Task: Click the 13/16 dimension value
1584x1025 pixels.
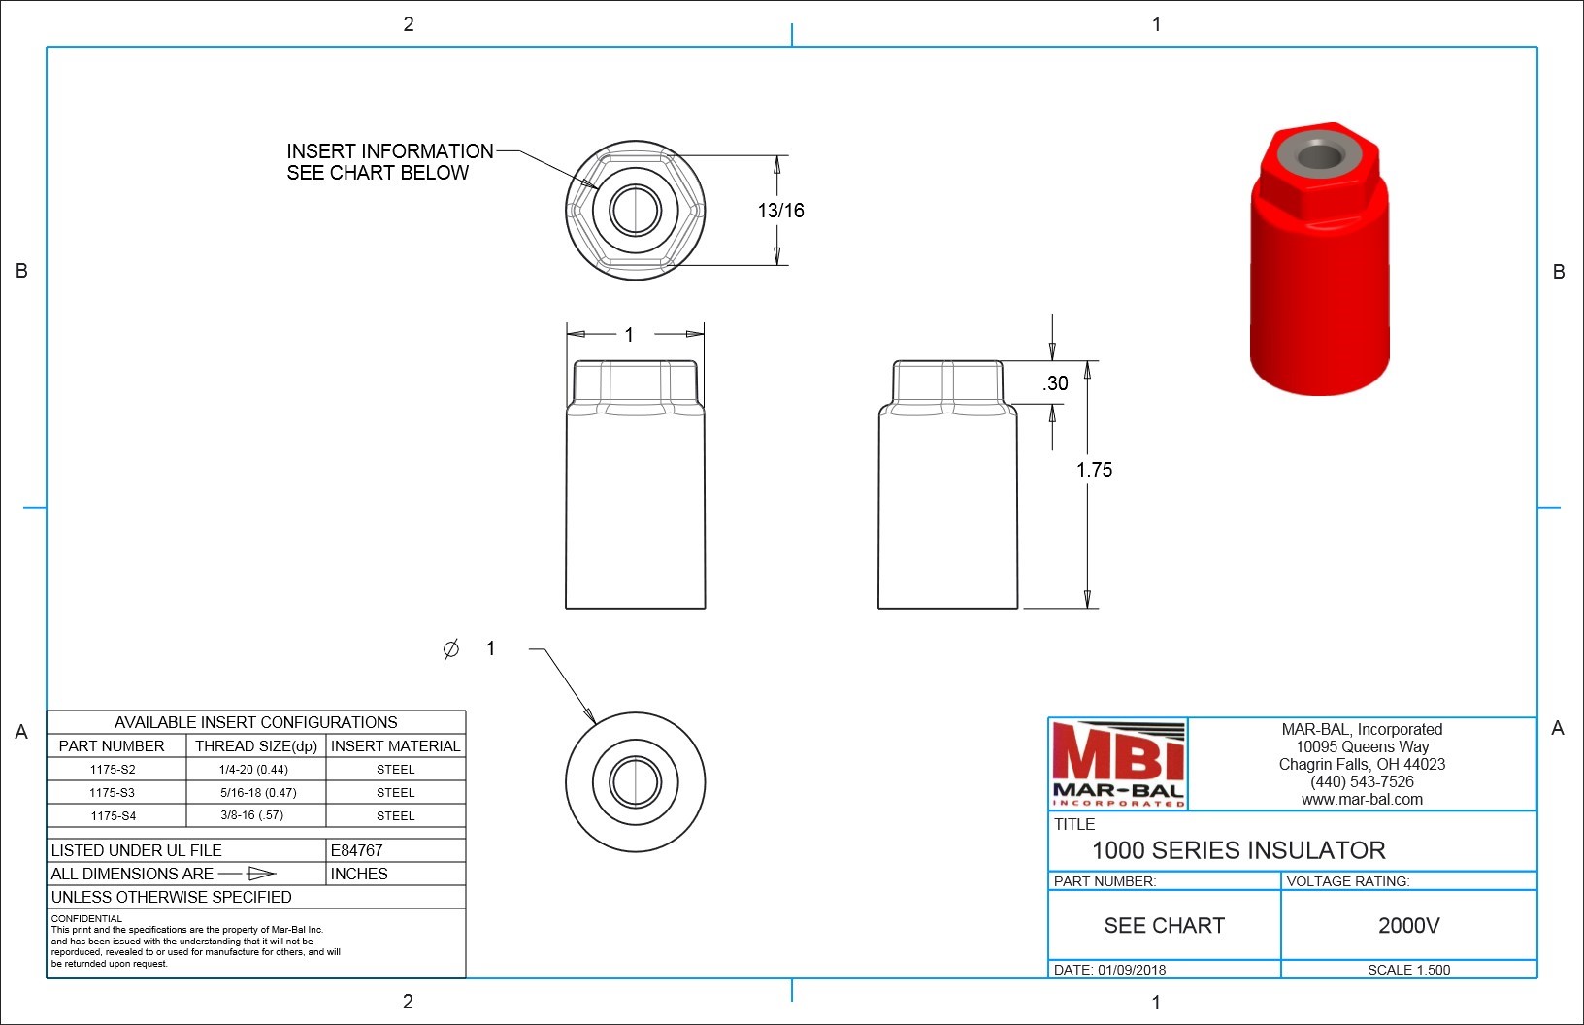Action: (780, 211)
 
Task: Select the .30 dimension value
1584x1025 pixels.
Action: (1056, 383)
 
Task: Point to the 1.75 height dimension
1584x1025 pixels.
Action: (1094, 470)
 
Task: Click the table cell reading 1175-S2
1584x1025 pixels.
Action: (113, 770)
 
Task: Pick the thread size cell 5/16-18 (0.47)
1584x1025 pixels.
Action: (258, 793)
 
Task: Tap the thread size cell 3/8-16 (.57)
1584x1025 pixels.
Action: (252, 816)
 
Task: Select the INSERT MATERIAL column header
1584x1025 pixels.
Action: (395, 746)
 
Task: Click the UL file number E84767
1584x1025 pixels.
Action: (356, 850)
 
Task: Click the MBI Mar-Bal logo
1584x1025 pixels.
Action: (1118, 764)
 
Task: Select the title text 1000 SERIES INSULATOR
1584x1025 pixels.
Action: (1238, 851)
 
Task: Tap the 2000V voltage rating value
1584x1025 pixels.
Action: (1408, 926)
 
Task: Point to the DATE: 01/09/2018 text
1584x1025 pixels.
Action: (1109, 970)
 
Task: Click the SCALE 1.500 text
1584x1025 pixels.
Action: (1408, 970)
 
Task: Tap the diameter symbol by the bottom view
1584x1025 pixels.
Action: (450, 649)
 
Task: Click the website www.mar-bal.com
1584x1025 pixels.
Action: (1362, 800)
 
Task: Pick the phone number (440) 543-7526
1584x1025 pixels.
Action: (1362, 782)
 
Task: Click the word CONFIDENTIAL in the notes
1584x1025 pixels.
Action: (86, 918)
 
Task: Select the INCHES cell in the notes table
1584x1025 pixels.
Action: (358, 874)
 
